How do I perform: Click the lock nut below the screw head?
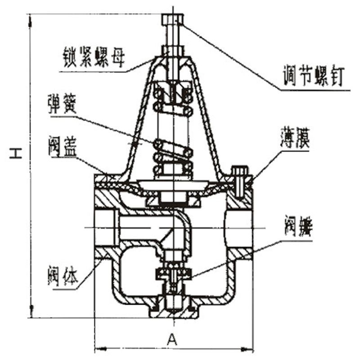pos(172,50)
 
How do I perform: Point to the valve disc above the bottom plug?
pos(173,273)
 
